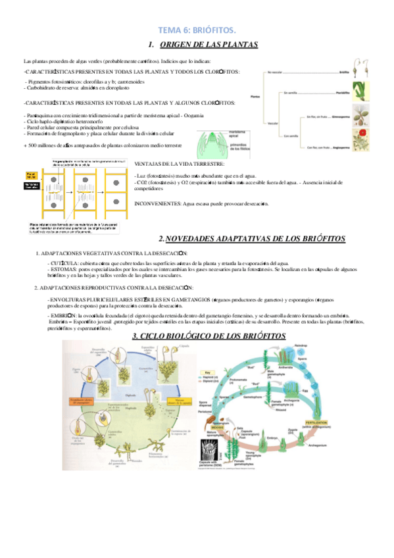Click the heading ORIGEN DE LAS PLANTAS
209,45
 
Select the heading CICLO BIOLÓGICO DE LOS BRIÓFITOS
209,336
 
